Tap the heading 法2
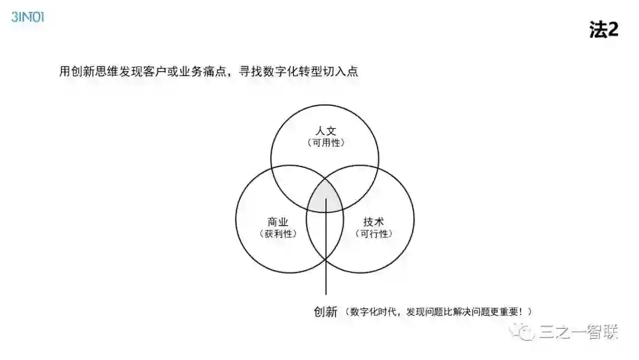[x=603, y=30]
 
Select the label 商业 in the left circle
[x=277, y=222]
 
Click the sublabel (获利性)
[x=277, y=234]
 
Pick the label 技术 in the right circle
[x=373, y=222]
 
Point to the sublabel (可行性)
[x=373, y=234]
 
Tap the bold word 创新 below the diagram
[x=325, y=311]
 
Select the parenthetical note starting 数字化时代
[x=440, y=311]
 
